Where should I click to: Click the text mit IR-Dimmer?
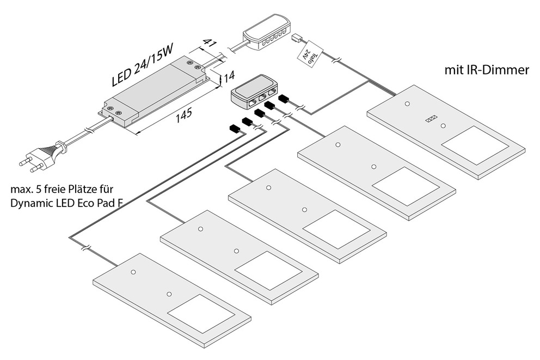[487, 70]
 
